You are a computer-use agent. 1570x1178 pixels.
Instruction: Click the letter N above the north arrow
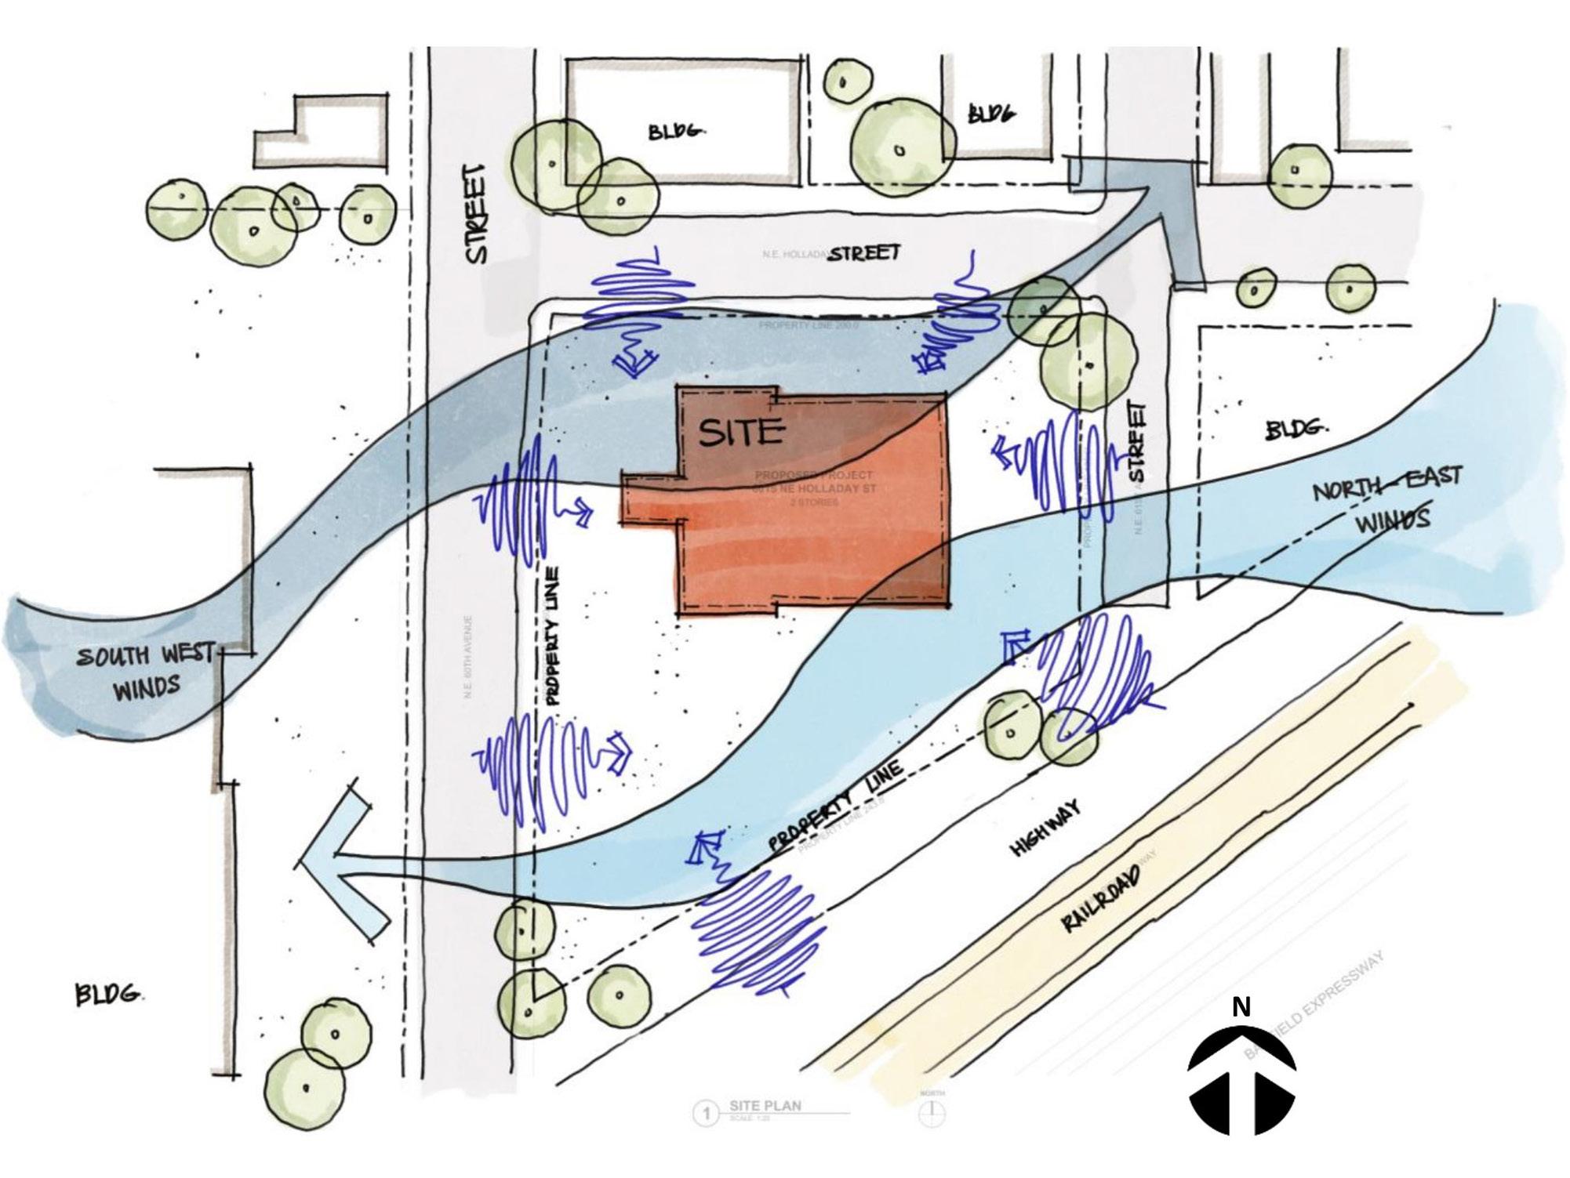1241,1007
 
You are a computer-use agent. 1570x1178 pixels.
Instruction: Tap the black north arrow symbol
1241,1082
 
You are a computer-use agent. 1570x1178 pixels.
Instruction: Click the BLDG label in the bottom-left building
108,995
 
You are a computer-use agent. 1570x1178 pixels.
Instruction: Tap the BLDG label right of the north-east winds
1296,430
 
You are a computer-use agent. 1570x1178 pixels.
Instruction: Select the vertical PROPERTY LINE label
553,636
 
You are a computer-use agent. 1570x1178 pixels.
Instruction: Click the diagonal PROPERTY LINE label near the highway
835,806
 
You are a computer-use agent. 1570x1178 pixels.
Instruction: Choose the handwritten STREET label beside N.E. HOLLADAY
865,253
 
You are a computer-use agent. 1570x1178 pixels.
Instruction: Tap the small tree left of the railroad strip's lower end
619,995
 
